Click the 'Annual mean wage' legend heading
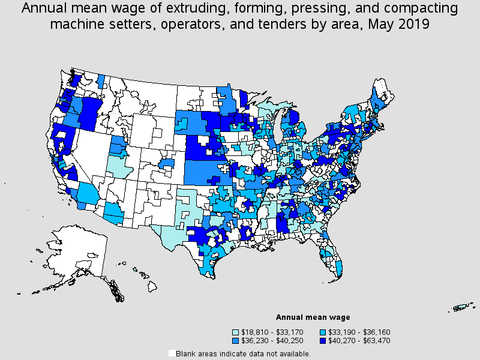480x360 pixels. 313,317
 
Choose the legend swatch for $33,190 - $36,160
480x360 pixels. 323,332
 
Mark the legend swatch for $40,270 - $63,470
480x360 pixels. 323,340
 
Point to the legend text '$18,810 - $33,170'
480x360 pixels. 272,332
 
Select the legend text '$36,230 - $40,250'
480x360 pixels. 272,340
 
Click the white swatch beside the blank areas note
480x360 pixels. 172,353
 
